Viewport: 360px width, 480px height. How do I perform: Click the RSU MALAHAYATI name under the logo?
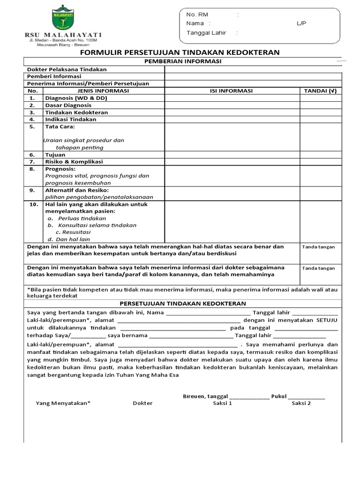click(x=63, y=35)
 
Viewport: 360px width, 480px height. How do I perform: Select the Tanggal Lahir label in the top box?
click(x=209, y=33)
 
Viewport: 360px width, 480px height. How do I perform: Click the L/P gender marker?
click(x=301, y=23)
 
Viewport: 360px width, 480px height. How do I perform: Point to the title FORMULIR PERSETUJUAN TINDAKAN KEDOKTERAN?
click(x=180, y=52)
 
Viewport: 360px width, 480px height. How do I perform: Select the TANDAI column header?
click(x=320, y=91)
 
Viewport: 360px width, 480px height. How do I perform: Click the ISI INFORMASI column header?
click(x=232, y=91)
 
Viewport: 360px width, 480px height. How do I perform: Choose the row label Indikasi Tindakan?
click(x=71, y=120)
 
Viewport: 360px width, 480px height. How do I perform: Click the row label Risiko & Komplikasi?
click(x=74, y=162)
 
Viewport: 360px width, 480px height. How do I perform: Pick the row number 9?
click(x=32, y=190)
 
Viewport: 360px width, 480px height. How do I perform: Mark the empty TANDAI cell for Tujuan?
click(x=320, y=155)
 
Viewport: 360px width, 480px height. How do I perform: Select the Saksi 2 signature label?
click(x=301, y=403)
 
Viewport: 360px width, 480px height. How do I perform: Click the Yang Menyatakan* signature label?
click(x=63, y=403)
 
